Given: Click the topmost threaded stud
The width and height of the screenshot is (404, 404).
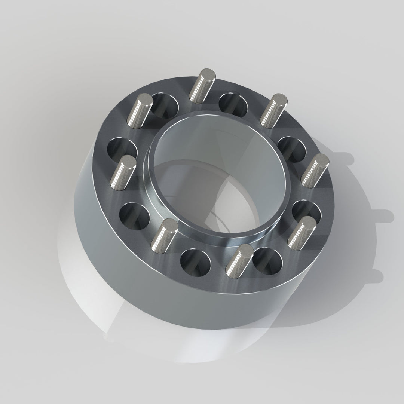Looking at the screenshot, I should [x=202, y=86].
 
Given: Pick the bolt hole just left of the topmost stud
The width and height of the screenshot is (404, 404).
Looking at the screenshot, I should [x=165, y=104].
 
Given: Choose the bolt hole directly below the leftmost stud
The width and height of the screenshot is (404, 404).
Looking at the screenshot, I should [x=134, y=215].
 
